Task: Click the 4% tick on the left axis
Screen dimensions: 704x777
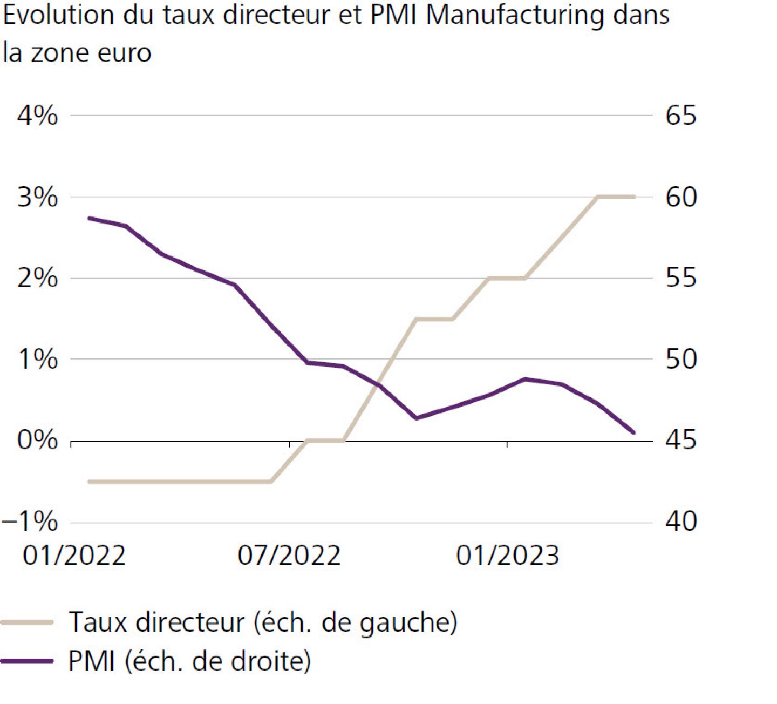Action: pos(37,116)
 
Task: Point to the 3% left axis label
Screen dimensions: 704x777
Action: pos(37,197)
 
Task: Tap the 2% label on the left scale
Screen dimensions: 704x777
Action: pos(37,279)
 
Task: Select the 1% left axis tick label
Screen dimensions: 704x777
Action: pos(37,359)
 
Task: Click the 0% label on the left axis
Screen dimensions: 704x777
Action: pos(37,441)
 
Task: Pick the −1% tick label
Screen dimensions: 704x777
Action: pos(30,522)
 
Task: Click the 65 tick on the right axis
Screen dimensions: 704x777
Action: pos(681,116)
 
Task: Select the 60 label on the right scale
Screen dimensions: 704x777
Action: pos(681,197)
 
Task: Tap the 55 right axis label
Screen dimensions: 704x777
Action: pos(681,279)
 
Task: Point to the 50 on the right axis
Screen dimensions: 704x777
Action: pos(681,359)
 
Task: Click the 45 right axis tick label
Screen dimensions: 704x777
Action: pos(681,441)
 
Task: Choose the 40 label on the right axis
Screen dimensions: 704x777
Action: pos(681,522)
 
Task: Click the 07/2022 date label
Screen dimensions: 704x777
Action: pos(289,556)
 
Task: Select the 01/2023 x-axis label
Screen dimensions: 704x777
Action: pos(508,556)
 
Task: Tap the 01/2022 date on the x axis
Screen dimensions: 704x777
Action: pos(74,556)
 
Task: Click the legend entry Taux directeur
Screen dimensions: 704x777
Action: pos(263,622)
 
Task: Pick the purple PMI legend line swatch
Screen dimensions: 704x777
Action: pos(27,661)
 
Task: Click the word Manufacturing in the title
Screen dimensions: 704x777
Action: pos(515,15)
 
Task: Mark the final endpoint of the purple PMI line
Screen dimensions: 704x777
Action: pos(634,432)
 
